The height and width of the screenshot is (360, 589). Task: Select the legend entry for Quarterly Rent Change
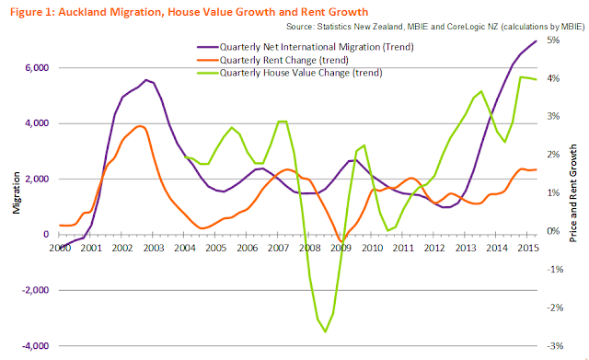click(x=273, y=60)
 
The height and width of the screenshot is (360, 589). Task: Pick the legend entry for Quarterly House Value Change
click(x=290, y=73)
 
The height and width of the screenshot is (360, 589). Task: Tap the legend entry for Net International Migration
click(x=306, y=47)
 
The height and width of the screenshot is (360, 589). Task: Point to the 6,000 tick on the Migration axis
click(x=37, y=67)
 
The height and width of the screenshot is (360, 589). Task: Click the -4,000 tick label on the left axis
click(x=35, y=345)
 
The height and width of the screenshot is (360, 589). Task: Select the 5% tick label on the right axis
click(x=553, y=40)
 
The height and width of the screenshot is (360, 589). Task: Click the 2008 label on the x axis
click(x=310, y=248)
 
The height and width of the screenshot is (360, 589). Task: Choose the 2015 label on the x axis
click(x=528, y=248)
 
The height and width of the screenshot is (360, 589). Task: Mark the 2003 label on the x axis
click(x=154, y=248)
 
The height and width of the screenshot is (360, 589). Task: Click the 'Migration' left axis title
click(x=17, y=192)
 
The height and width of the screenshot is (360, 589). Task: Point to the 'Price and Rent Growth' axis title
click(x=572, y=193)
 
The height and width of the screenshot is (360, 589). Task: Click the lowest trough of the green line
click(x=325, y=331)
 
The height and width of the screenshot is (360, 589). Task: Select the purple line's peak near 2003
click(x=146, y=80)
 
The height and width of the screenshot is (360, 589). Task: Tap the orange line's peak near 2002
click(x=140, y=126)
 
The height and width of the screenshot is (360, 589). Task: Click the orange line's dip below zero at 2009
click(x=341, y=241)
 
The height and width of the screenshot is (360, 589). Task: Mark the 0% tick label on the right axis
click(x=553, y=231)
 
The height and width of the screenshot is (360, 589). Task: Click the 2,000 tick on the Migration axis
click(x=37, y=179)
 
